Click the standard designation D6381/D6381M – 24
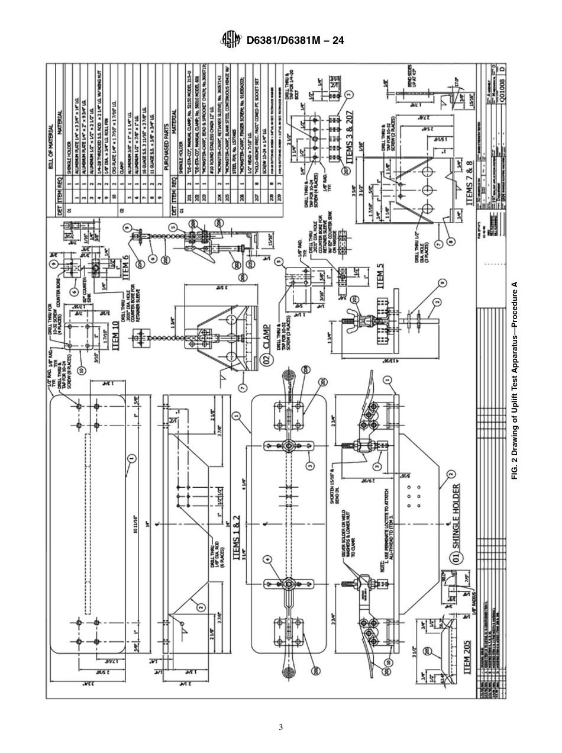[x=295, y=41]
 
